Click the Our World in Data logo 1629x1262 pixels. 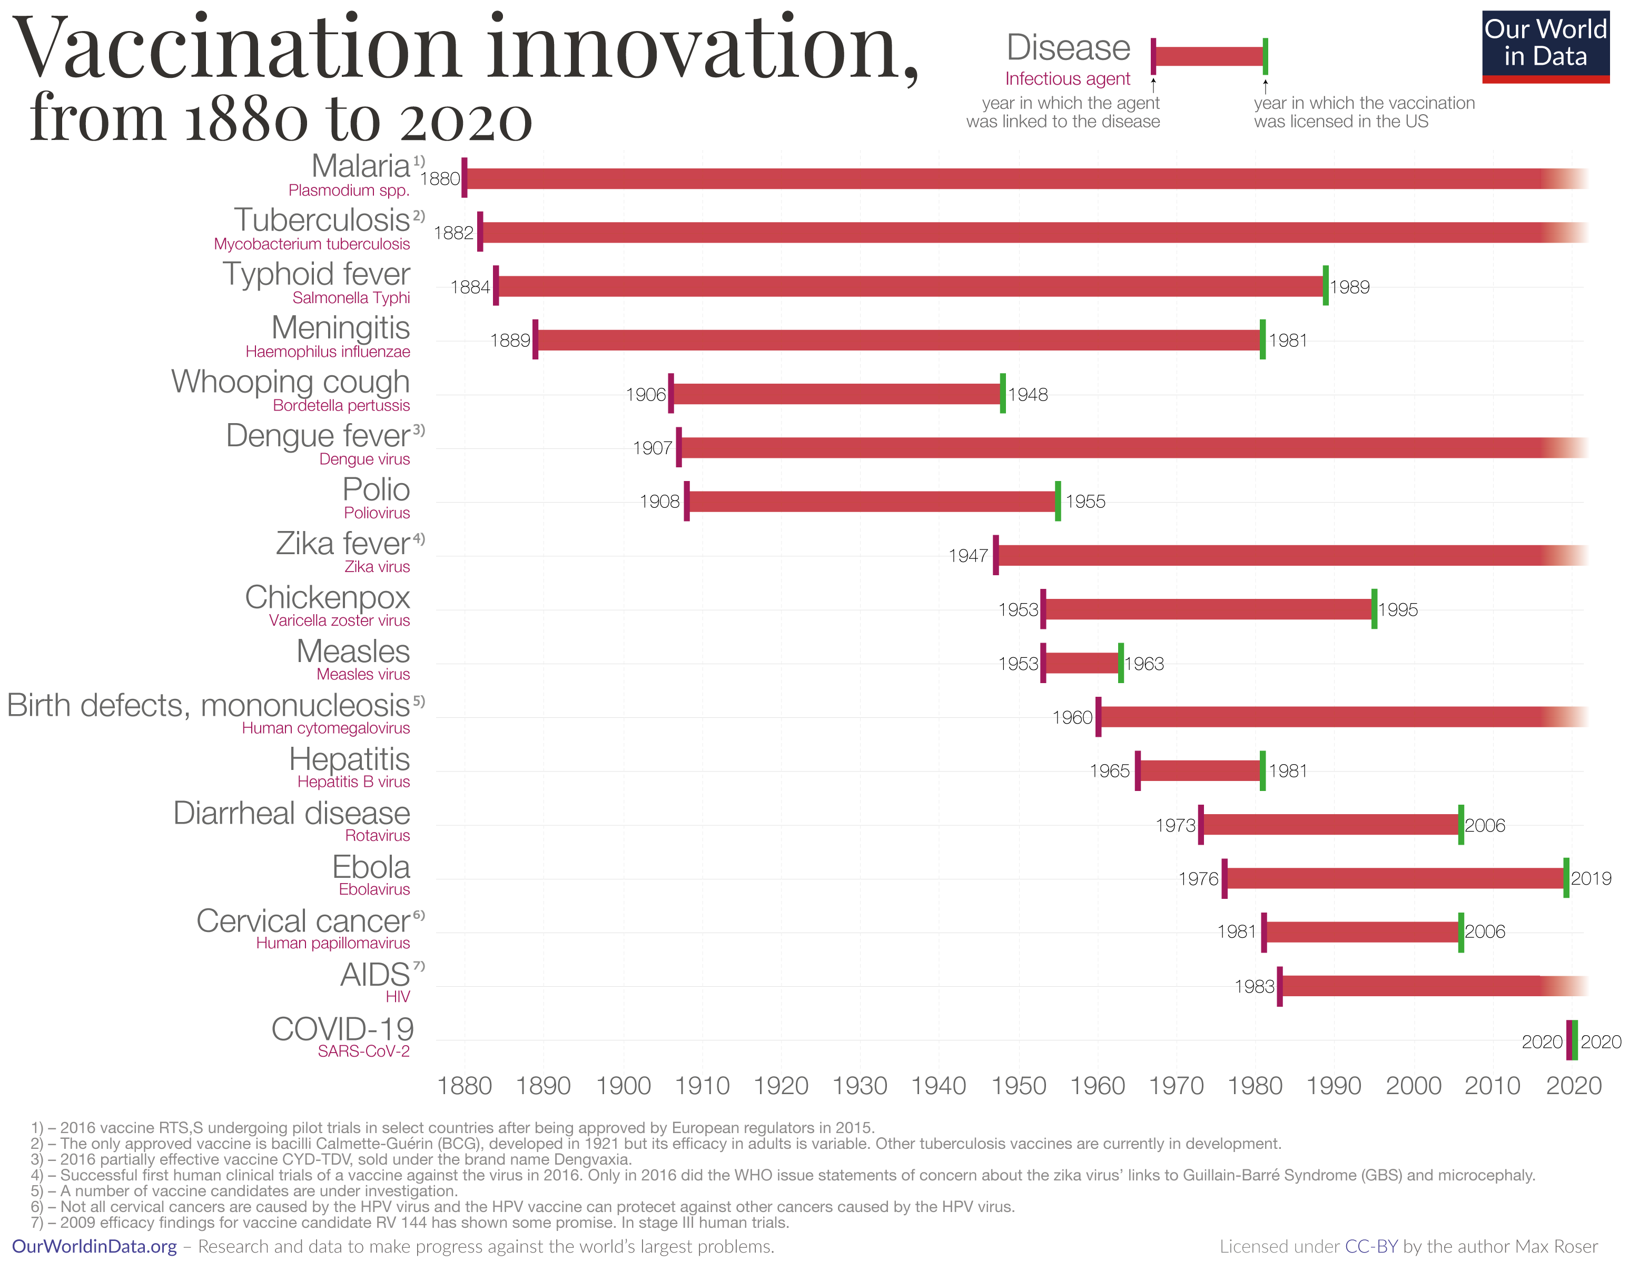(1545, 46)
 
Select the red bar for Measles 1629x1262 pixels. (1082, 663)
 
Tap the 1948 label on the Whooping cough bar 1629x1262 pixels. (1028, 394)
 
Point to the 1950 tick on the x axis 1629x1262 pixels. (1018, 1085)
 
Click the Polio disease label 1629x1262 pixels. (376, 490)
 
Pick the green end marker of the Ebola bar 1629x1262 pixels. (1566, 878)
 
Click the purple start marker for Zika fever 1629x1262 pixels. (996, 555)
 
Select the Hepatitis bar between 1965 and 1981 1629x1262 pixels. (1199, 771)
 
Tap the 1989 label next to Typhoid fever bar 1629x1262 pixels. (1349, 287)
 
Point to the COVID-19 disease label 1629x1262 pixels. (342, 1029)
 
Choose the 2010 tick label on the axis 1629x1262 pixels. (1492, 1085)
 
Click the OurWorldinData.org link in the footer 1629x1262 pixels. (95, 1246)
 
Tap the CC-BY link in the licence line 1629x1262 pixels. (1371, 1246)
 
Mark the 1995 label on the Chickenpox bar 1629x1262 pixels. (1398, 610)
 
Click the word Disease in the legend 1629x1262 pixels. (1068, 48)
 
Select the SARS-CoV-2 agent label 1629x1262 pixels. (363, 1051)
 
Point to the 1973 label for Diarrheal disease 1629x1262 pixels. (1176, 825)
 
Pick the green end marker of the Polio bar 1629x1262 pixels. (1058, 501)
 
